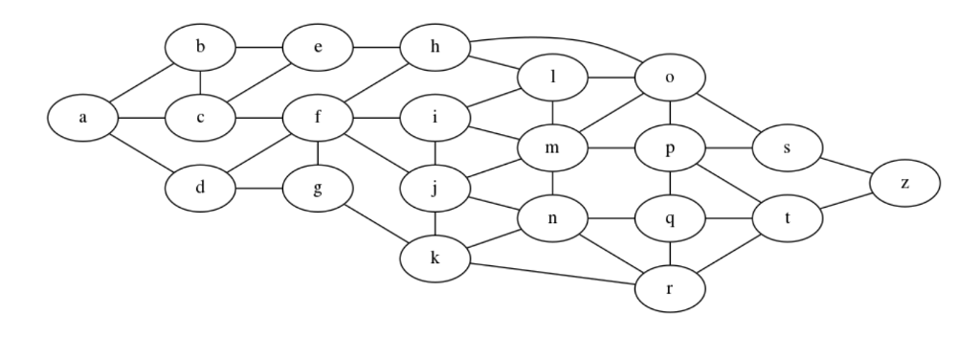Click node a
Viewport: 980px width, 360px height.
coord(83,119)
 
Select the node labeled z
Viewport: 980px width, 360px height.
coord(904,182)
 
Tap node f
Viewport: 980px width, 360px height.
coord(318,119)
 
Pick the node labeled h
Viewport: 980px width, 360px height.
coord(435,46)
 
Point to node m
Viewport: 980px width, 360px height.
coord(553,148)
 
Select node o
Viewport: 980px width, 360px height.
coord(670,78)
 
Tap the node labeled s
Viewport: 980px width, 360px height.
coord(788,148)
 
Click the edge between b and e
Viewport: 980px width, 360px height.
coord(259,46)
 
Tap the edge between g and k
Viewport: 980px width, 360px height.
coord(376,222)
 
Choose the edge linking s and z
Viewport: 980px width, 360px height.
coord(846,165)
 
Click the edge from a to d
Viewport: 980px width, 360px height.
coord(142,155)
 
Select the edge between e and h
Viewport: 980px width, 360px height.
coord(376,46)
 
